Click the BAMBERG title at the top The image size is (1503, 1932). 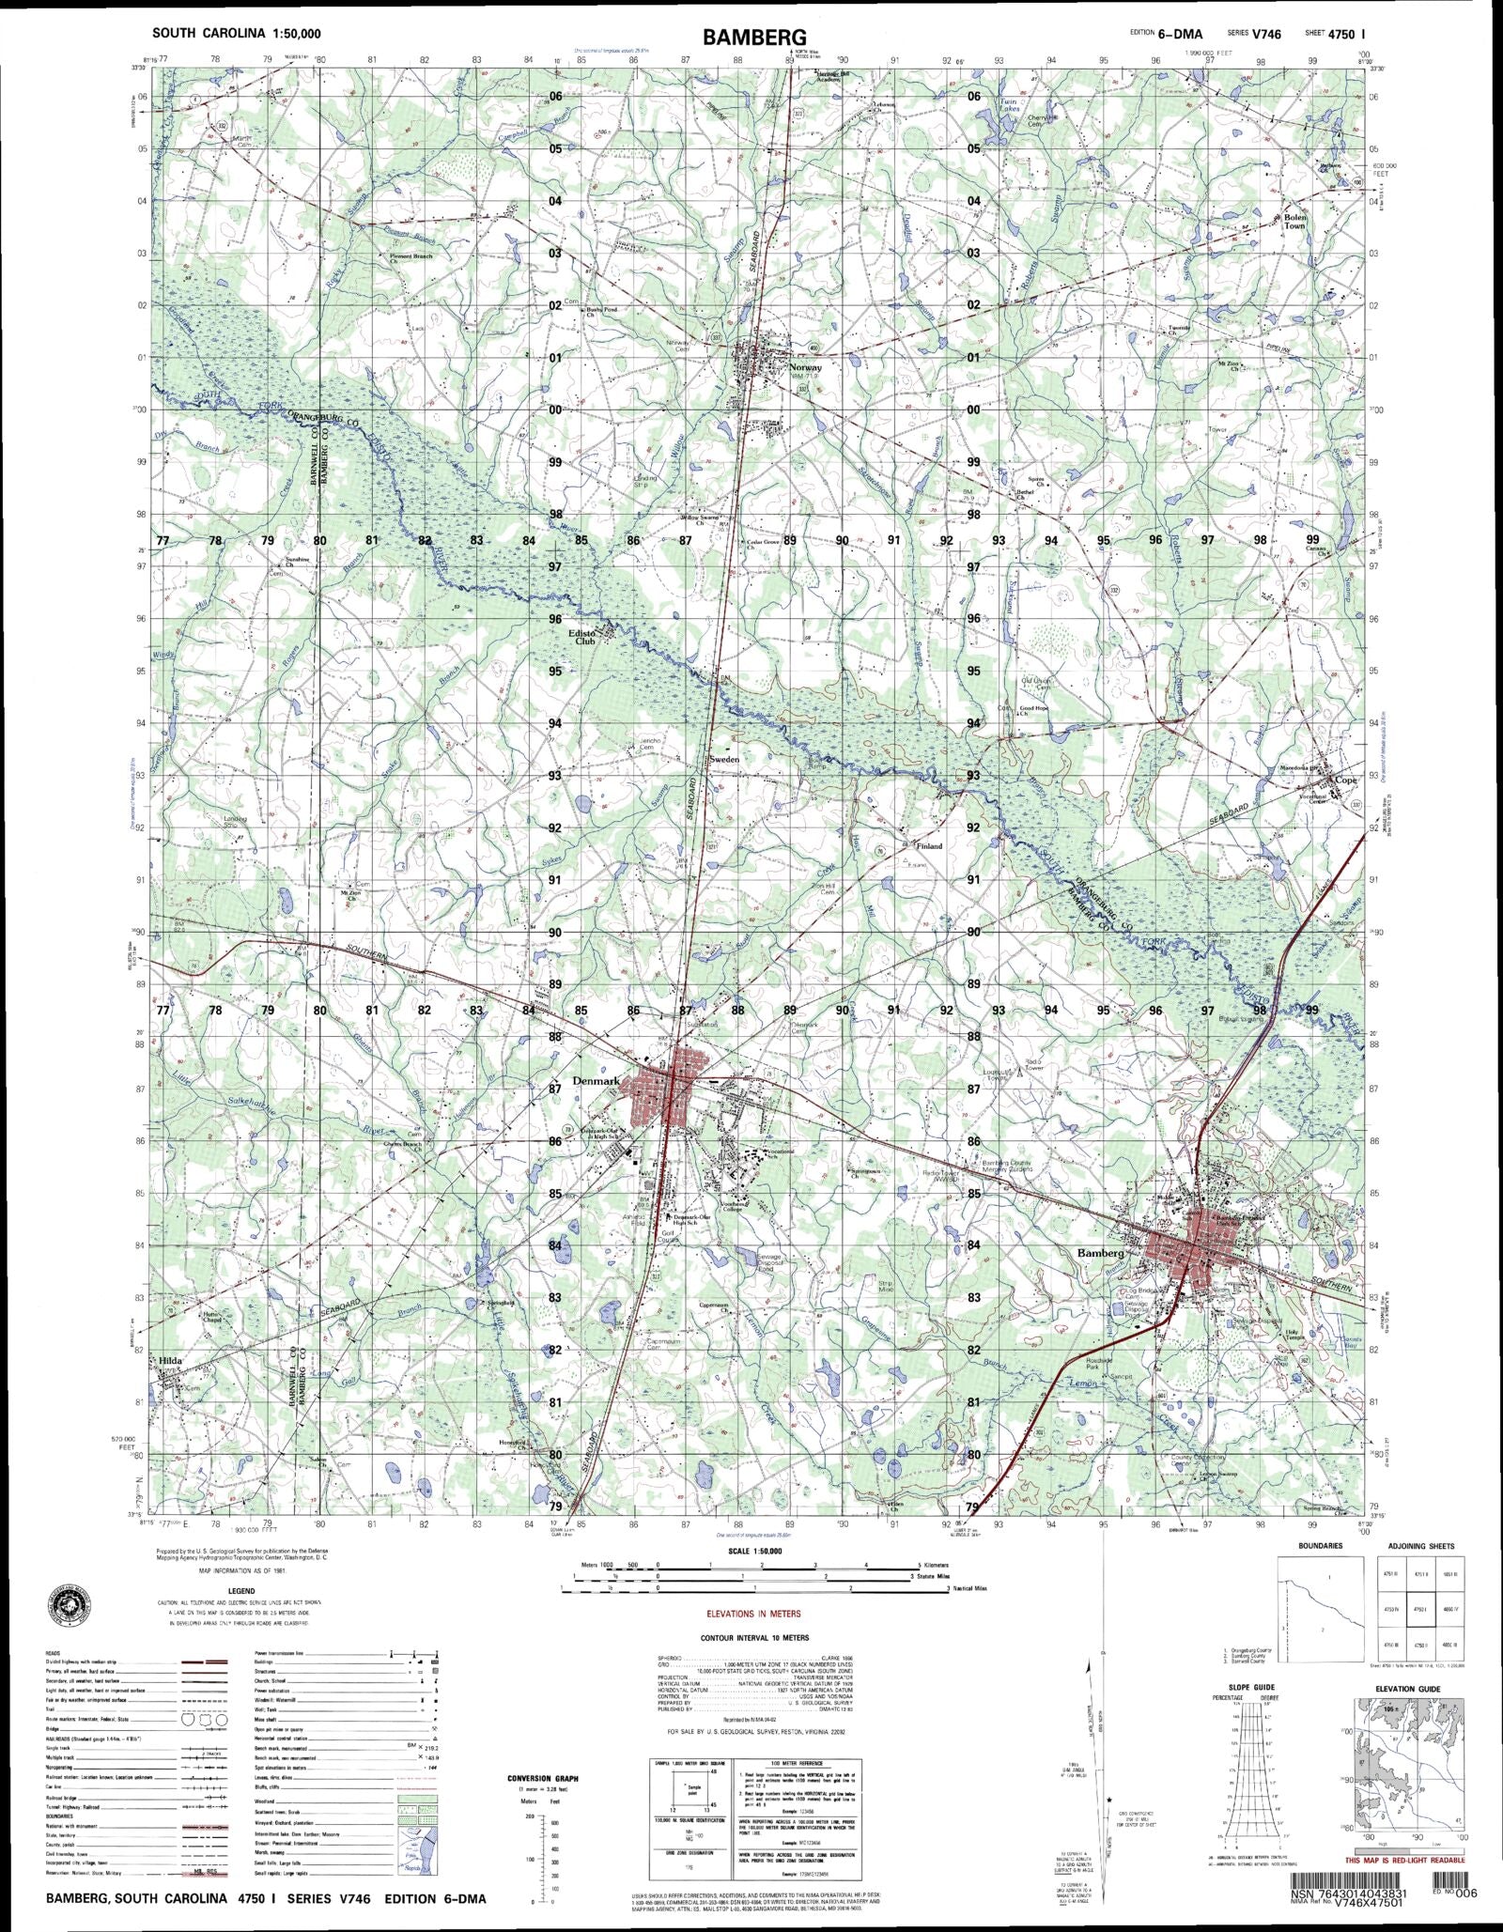[x=752, y=38]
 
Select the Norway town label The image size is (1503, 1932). [x=806, y=367]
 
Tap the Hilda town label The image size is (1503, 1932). [x=170, y=1360]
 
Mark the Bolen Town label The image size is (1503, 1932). [x=1294, y=222]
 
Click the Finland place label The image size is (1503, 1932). [x=929, y=845]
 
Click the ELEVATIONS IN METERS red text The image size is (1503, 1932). [x=753, y=1613]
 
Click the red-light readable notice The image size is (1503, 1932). [x=1404, y=1860]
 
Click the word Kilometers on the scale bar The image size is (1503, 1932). [x=937, y=1566]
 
